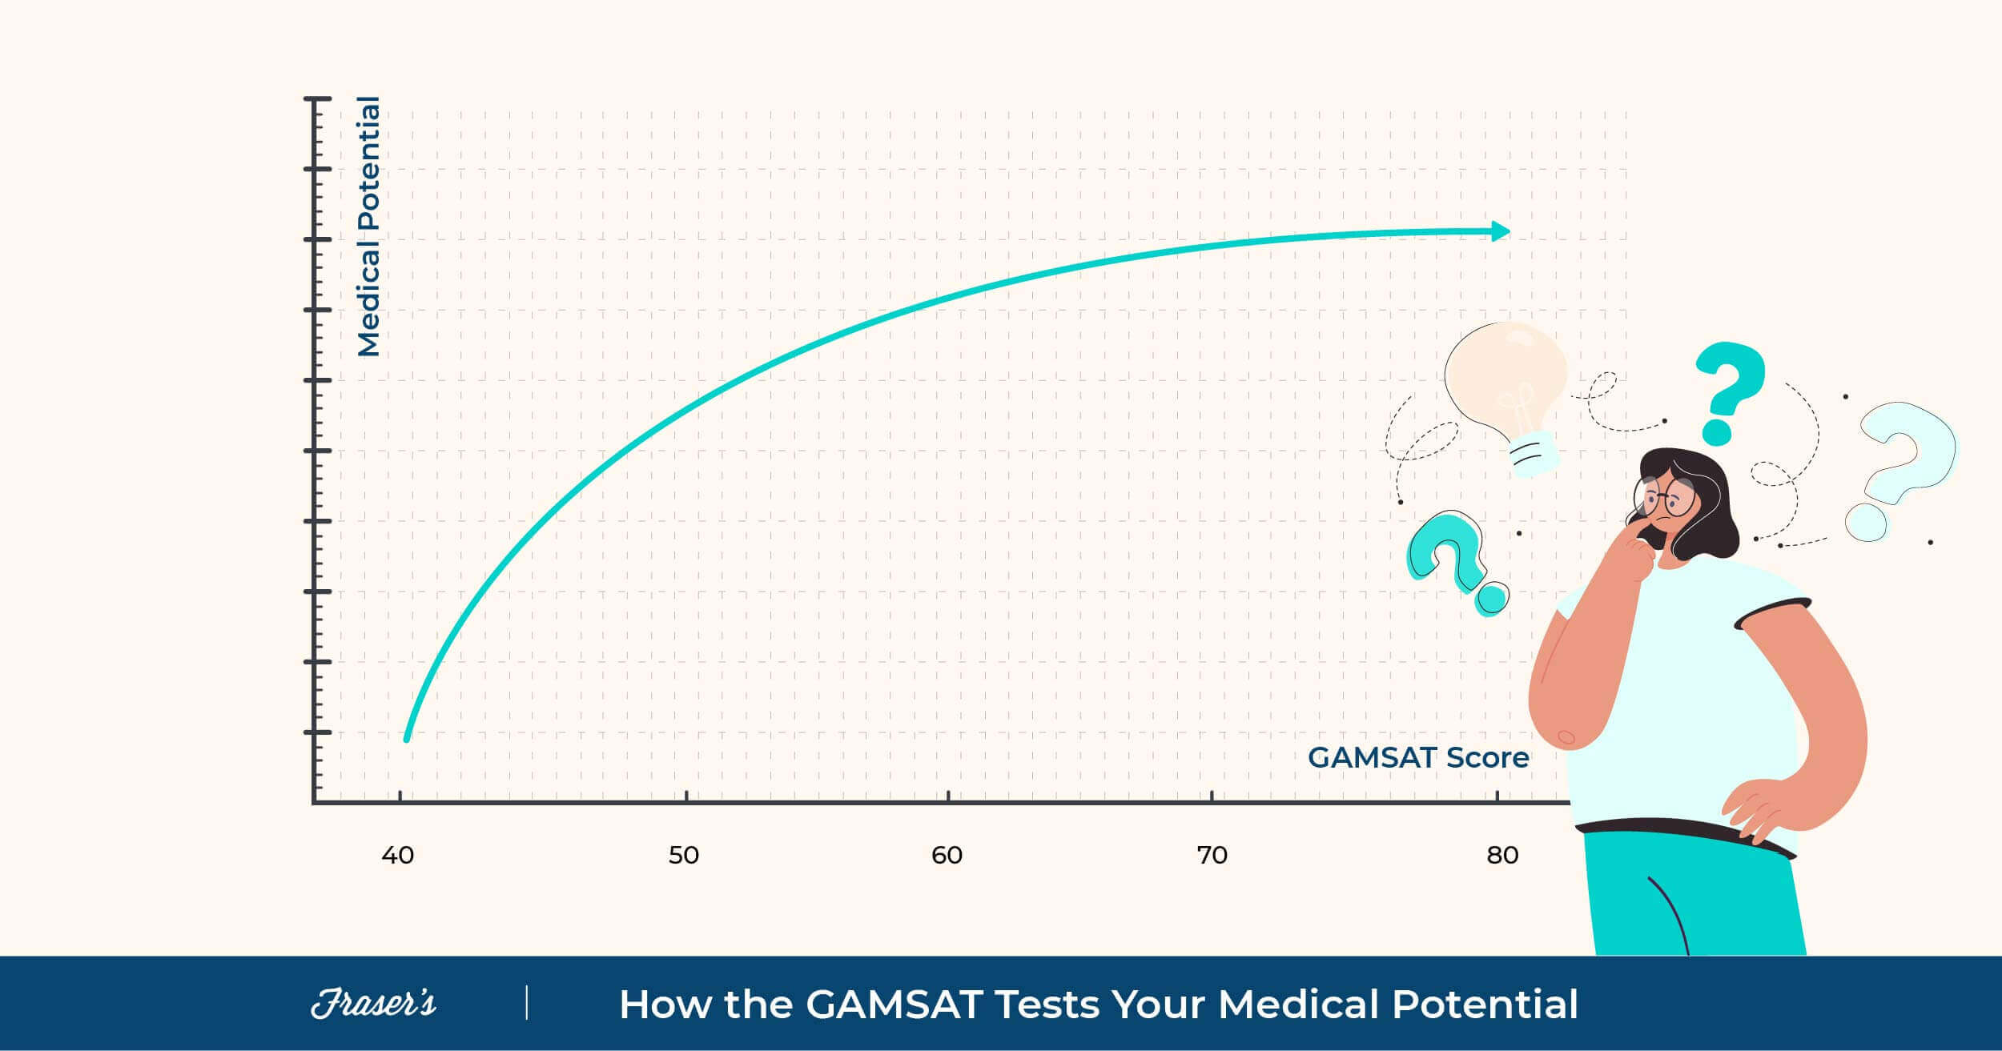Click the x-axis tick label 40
pos(397,856)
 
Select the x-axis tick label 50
pos(684,856)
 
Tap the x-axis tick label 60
pos(947,856)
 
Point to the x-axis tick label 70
pos(1212,856)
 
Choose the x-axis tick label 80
pos(1502,856)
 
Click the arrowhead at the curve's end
pos(1500,231)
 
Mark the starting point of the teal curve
pos(407,738)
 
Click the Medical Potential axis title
pos(369,227)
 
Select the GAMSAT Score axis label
pos(1417,757)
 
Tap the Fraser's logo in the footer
pos(373,1003)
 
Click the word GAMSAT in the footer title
pos(894,1004)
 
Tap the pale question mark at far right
pos(1902,468)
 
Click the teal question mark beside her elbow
pos(1453,560)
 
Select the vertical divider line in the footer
pos(527,1003)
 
